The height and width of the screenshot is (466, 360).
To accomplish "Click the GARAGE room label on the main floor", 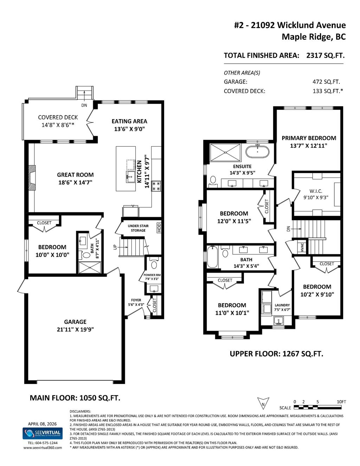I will click(75, 321).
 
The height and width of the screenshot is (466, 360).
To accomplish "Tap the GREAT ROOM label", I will click(75, 175).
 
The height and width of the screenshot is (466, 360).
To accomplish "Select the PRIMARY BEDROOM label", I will click(309, 138).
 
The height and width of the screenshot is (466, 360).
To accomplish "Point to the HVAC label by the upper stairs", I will click(302, 247).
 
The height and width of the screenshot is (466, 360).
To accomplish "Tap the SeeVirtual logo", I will click(43, 433).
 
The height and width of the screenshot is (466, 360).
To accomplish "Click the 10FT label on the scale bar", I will click(341, 402).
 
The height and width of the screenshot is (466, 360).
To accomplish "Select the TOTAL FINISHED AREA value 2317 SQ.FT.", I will click(325, 56).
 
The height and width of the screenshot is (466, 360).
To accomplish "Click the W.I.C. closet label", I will click(316, 191).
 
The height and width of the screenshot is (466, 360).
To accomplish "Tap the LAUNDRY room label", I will click(282, 305).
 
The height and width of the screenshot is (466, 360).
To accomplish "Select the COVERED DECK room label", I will click(58, 117).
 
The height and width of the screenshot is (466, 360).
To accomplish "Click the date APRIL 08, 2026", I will click(43, 423).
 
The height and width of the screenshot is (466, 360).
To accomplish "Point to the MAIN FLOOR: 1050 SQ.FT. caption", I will click(75, 398).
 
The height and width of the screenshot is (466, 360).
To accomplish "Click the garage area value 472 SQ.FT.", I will click(323, 82).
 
